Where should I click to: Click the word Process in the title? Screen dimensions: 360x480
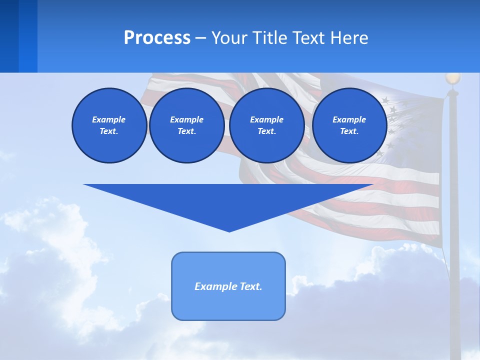click(157, 38)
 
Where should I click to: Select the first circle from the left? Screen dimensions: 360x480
click(109, 125)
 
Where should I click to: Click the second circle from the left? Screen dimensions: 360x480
click(186, 125)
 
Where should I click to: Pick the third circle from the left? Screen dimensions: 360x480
click(266, 125)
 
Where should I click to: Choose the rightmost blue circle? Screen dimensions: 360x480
click(349, 125)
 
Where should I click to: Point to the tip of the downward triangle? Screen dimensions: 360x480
click(229, 231)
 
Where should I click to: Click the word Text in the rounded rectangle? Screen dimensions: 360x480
click(250, 286)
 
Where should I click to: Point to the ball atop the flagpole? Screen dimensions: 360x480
click(452, 78)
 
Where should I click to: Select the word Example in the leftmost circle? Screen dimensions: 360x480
click(109, 119)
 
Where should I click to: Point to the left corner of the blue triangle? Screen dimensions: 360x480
click(85, 185)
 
